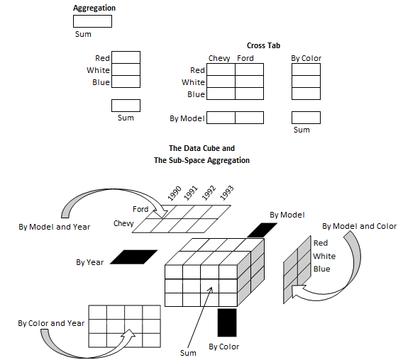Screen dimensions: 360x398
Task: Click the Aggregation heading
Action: pyautogui.click(x=94, y=9)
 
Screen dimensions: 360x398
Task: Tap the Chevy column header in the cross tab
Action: pyautogui.click(x=219, y=58)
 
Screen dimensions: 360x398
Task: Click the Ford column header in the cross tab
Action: pyautogui.click(x=245, y=58)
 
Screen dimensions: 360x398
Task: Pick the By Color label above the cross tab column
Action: pyautogui.click(x=306, y=58)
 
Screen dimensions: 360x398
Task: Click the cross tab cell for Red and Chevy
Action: pyautogui.click(x=221, y=70)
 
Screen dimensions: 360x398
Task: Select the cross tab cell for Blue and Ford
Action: pyautogui.click(x=250, y=94)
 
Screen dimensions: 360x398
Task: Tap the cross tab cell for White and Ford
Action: pyautogui.click(x=250, y=81)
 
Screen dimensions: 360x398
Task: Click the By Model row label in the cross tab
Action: pyautogui.click(x=187, y=118)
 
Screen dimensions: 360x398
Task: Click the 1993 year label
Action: pyautogui.click(x=226, y=193)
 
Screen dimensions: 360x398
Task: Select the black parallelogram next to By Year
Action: pyautogui.click(x=133, y=257)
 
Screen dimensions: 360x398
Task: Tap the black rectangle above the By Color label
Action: pyautogui.click(x=227, y=322)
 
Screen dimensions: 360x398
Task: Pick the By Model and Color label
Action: pyautogui.click(x=359, y=226)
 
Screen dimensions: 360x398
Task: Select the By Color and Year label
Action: pyautogui.click(x=51, y=323)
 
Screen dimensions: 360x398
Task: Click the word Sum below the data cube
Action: pyautogui.click(x=188, y=352)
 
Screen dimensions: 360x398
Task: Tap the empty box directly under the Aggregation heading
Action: pyautogui.click(x=92, y=21)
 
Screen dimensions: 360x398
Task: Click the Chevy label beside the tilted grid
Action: pyautogui.click(x=123, y=223)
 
